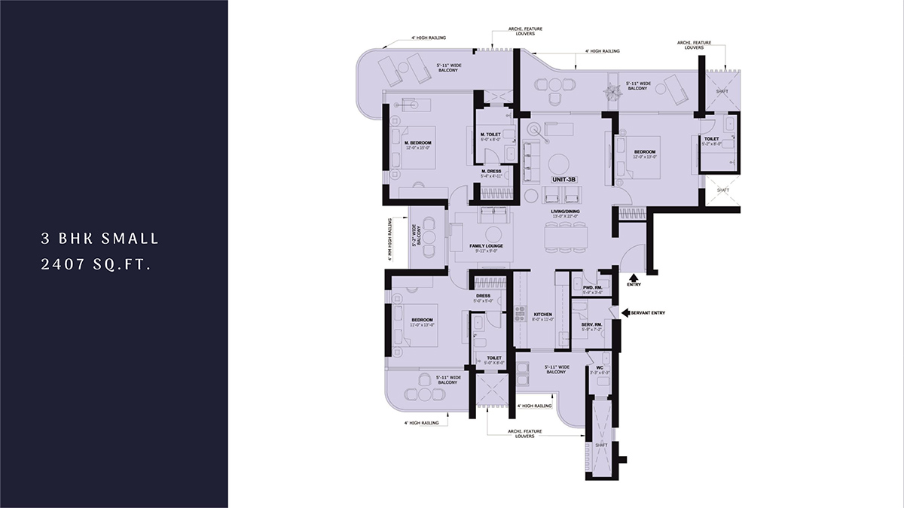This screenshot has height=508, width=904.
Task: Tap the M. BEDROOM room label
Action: coord(417,143)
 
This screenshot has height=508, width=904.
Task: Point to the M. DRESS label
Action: coord(490,172)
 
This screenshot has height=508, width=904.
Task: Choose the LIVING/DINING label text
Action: coord(565,213)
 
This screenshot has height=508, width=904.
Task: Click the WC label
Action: coord(600,369)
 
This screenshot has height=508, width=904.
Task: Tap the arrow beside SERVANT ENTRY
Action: coord(625,312)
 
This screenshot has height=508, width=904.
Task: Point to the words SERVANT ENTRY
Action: coord(648,312)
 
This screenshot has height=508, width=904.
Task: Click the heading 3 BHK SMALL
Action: coord(100,239)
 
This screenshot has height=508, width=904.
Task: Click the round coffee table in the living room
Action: coord(558,163)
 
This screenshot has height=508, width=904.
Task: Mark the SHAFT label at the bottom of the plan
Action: coord(601,444)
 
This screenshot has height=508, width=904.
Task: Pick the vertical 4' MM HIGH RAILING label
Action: coord(389,239)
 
